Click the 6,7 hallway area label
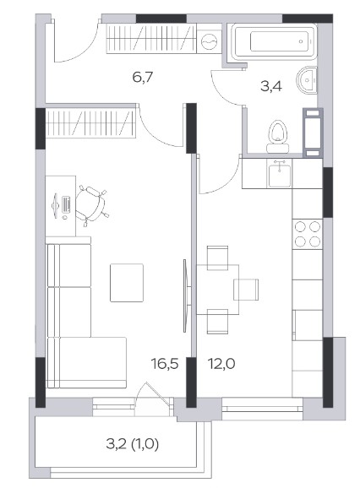click(x=142, y=77)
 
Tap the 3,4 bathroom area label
click(x=271, y=86)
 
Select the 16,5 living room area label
click(x=165, y=364)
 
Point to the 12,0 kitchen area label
click(x=221, y=364)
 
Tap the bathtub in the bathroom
click(x=274, y=41)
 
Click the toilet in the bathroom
click(x=278, y=137)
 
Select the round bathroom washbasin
click(x=307, y=80)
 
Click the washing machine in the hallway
click(x=209, y=41)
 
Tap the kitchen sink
click(x=280, y=173)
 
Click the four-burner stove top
click(x=308, y=234)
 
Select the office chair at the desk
click(x=92, y=204)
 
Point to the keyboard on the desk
click(x=66, y=203)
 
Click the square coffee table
click(x=127, y=283)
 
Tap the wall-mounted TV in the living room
click(x=186, y=296)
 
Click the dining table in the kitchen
click(x=218, y=290)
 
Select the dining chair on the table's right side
click(x=246, y=290)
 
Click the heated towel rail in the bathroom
click(x=313, y=132)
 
